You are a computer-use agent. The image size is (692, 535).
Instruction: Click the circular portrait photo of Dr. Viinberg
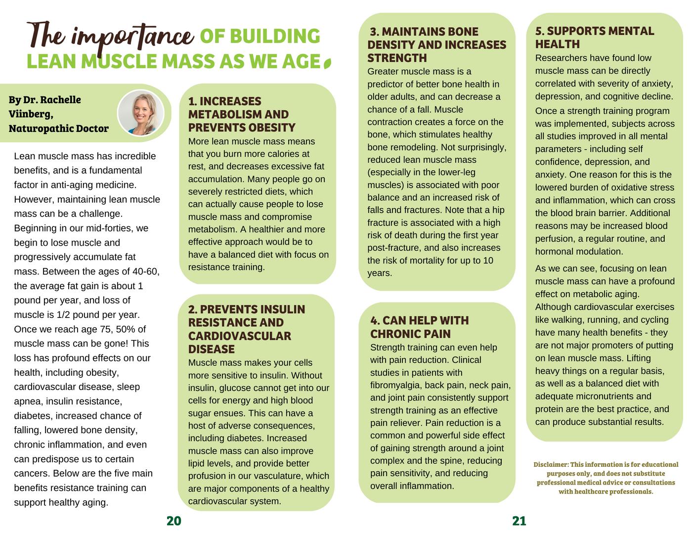pos(141,113)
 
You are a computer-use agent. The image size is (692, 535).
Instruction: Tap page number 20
pos(174,521)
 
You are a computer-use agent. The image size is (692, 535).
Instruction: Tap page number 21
pos(519,521)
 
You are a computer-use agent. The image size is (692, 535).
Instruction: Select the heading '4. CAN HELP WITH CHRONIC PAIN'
pos(419,327)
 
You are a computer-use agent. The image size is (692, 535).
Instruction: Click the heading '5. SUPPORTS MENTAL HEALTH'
pos(594,38)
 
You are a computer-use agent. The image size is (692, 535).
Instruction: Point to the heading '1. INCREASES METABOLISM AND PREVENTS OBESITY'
pos(242,114)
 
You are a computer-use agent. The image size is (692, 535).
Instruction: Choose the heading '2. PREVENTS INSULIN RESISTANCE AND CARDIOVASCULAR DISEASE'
pos(247,329)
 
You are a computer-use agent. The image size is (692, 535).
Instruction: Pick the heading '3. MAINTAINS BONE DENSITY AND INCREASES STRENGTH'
pos(436,45)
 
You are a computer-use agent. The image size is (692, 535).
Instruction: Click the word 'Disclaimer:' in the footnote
pos(551,465)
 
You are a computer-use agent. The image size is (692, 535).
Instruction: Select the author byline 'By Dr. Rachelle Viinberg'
pos(44,106)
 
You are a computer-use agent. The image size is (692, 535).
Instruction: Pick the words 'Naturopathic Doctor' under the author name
pos(59,129)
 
